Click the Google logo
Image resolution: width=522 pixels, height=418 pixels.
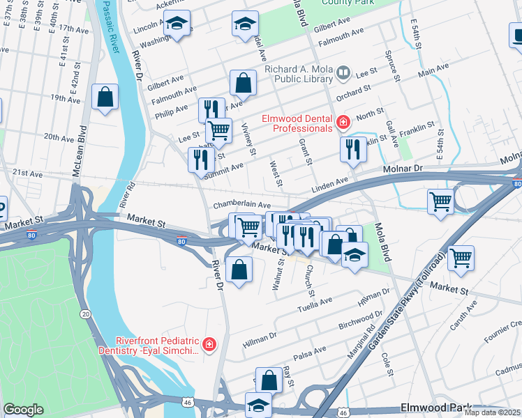click(23, 410)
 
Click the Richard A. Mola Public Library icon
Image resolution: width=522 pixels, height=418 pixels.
click(343, 72)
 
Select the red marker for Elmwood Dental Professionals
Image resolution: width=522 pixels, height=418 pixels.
click(343, 123)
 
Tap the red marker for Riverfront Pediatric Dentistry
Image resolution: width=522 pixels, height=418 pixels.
click(209, 344)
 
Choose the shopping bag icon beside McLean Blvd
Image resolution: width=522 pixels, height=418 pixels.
click(105, 98)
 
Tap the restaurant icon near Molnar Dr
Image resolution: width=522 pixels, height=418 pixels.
click(353, 148)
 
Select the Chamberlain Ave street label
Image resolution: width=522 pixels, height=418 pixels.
click(241, 205)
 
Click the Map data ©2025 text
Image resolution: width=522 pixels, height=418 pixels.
click(492, 412)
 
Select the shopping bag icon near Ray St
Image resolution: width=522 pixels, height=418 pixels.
click(269, 380)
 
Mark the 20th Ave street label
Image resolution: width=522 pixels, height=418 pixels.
click(59, 137)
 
